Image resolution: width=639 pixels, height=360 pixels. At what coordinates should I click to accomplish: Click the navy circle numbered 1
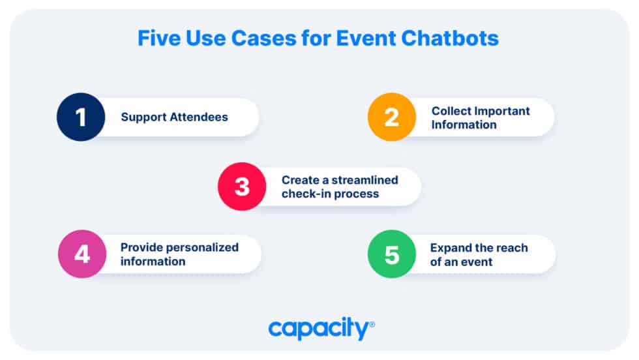click(81, 117)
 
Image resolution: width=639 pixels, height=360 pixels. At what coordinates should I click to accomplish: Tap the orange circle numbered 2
click(392, 117)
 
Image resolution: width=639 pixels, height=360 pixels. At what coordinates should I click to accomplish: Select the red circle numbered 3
click(242, 187)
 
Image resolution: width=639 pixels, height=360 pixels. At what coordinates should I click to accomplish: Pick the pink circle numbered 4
click(82, 254)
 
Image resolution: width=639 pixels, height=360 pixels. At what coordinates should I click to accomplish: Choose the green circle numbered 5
click(392, 254)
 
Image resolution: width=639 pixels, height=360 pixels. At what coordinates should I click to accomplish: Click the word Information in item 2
click(464, 125)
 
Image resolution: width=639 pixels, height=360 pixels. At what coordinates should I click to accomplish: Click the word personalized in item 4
click(200, 247)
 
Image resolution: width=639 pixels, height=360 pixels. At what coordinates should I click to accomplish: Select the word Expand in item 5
click(449, 248)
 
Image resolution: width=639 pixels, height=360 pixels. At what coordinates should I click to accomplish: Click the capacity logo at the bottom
click(318, 329)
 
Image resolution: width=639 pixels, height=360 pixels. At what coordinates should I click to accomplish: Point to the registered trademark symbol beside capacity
click(372, 324)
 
